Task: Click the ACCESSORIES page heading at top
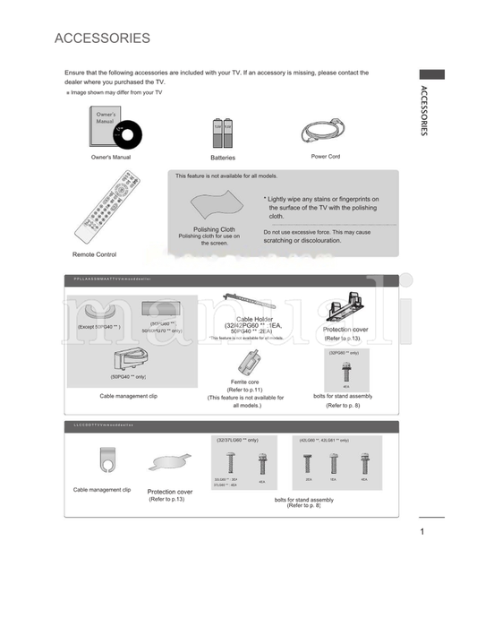click(102, 39)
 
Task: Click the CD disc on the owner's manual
click(126, 136)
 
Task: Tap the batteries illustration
click(222, 133)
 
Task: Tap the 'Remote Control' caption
click(94, 254)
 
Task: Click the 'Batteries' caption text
click(222, 158)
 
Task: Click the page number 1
click(421, 533)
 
